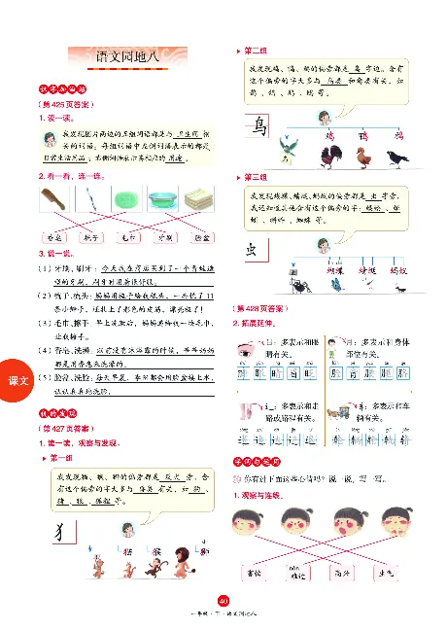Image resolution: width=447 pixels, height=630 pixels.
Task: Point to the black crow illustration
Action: click(x=398, y=155)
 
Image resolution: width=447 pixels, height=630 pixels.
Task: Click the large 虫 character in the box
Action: click(x=254, y=250)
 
